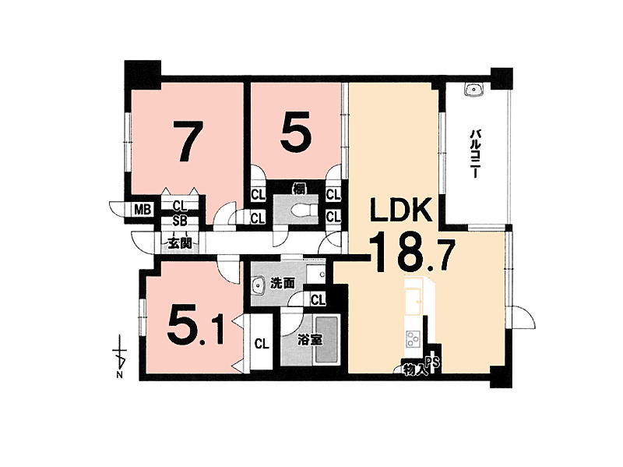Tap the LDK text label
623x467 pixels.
pos(401,211)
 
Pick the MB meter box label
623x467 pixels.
pos(143,210)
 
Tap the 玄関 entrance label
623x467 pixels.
pos(180,242)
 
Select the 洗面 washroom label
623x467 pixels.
pos(282,283)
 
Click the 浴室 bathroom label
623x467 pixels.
pos(310,340)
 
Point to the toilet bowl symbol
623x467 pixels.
pos(304,210)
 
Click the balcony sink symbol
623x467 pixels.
pos(473,90)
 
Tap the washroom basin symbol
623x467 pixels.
pos(260,286)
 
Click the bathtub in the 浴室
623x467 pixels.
pos(326,340)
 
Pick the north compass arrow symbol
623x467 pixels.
pos(120,356)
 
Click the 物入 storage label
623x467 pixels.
pos(415,370)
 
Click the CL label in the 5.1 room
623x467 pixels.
pos(262,343)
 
